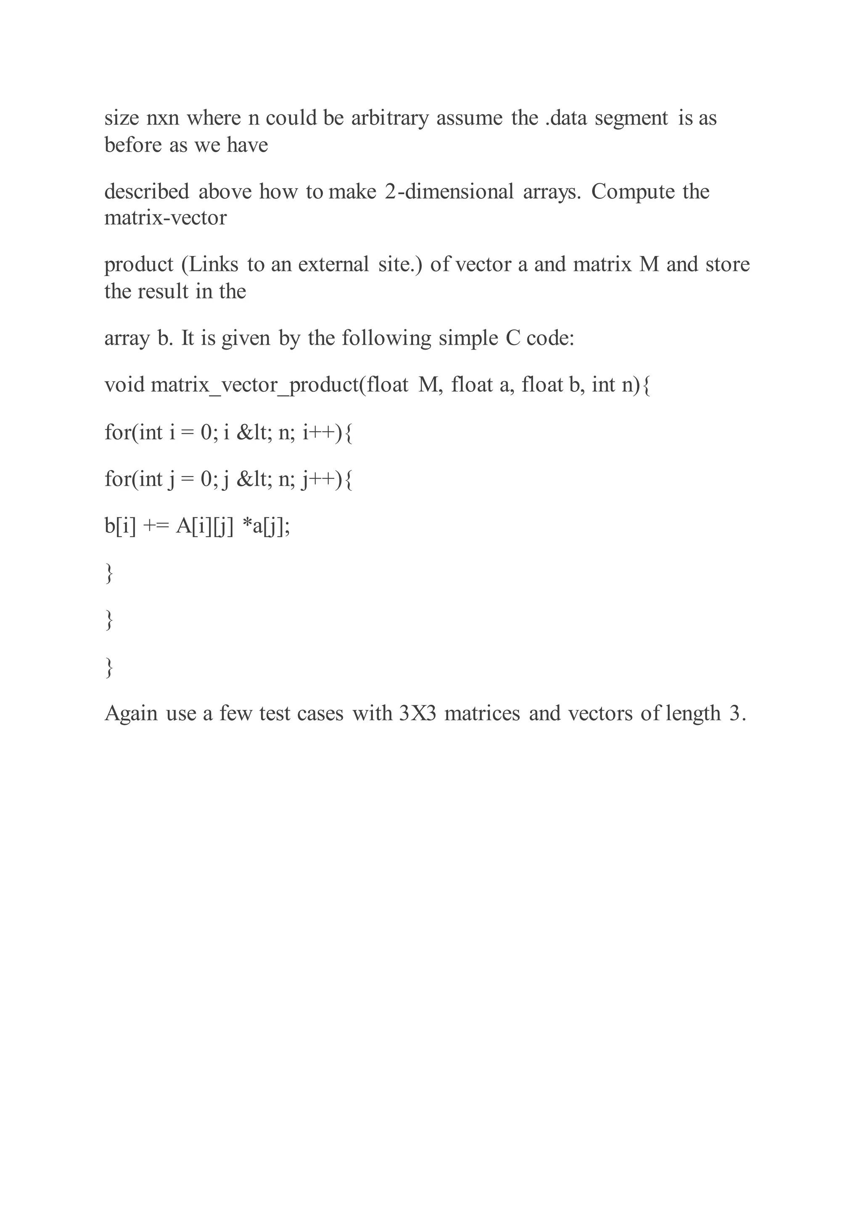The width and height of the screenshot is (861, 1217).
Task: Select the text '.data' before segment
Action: point(566,118)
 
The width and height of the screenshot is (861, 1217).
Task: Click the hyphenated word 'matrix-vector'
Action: point(165,218)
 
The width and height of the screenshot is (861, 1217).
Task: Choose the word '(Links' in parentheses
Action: point(210,264)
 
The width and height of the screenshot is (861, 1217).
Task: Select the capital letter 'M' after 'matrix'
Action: point(649,264)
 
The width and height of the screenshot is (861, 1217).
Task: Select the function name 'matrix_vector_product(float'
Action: point(280,385)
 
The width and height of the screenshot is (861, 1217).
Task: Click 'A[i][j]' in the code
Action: point(205,526)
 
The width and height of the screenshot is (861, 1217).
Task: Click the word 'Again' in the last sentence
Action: point(131,714)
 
